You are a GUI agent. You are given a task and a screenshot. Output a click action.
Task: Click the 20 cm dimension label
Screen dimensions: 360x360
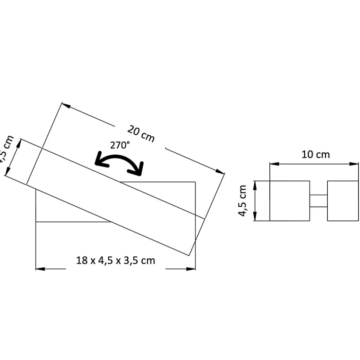point(141,134)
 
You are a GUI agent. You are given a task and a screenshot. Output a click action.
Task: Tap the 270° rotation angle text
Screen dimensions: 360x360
point(120,145)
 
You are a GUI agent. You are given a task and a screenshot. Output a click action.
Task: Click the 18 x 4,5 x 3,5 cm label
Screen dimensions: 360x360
point(115,260)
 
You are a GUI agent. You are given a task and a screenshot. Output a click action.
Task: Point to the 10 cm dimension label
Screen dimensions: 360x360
point(315,154)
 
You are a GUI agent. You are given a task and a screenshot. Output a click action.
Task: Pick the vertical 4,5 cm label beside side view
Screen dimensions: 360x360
point(243,201)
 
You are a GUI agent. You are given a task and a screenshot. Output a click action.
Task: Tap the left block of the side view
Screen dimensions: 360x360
point(289,201)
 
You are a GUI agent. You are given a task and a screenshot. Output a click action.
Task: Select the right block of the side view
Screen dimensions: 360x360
point(343,201)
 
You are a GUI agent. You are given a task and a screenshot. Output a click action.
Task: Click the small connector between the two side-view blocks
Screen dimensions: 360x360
point(318,201)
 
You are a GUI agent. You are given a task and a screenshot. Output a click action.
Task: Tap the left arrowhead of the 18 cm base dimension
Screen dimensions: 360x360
point(40,269)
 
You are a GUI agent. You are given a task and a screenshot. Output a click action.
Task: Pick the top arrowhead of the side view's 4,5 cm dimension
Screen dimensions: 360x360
point(255,185)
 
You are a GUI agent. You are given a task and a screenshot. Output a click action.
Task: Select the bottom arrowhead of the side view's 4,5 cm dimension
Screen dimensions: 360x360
point(255,217)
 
